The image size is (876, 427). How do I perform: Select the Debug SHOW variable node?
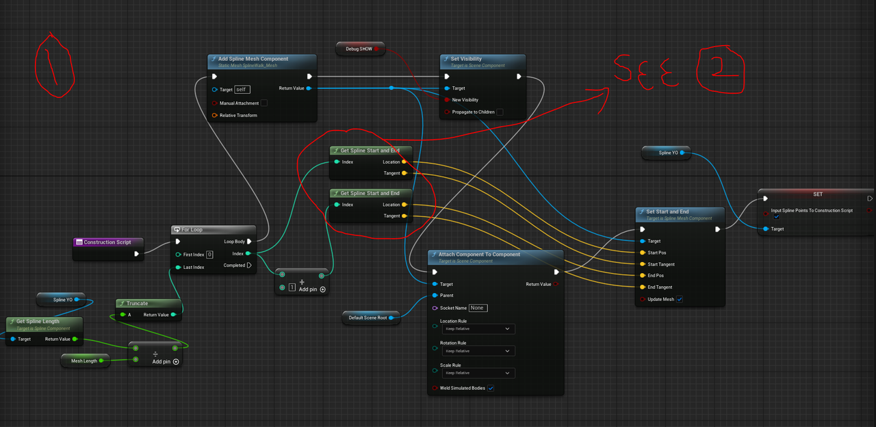click(x=360, y=49)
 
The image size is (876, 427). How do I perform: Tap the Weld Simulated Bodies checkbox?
click(x=491, y=388)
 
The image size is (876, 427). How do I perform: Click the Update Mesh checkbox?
click(x=680, y=299)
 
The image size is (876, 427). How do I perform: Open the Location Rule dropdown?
click(x=478, y=329)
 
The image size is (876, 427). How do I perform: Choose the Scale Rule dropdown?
click(x=478, y=373)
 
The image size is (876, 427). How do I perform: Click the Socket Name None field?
click(x=478, y=308)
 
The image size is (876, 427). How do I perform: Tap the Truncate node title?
click(x=137, y=303)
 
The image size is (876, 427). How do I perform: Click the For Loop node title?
click(x=192, y=230)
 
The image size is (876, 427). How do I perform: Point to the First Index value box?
click(x=209, y=255)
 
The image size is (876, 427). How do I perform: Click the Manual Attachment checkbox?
click(x=264, y=103)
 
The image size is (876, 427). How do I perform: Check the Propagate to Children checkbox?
click(x=500, y=112)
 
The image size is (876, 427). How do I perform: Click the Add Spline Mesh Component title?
click(x=253, y=59)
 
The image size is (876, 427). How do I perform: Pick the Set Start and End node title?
click(x=667, y=211)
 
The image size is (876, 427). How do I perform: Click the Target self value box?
click(x=242, y=90)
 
